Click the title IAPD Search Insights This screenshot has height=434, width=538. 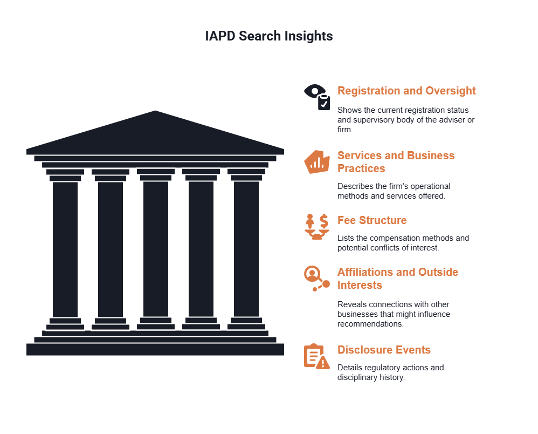click(x=269, y=36)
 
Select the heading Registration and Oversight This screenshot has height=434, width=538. click(x=406, y=91)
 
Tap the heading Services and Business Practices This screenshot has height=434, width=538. click(x=396, y=162)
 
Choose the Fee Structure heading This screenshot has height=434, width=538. click(x=372, y=220)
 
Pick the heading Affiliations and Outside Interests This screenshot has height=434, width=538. click(x=397, y=279)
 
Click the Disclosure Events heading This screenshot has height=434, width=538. click(x=384, y=350)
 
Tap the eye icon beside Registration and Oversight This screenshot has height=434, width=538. click(x=316, y=97)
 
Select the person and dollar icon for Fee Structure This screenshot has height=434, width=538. click(x=316, y=226)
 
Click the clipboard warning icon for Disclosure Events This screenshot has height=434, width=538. click(x=316, y=356)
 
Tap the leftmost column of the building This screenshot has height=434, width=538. click(x=65, y=248)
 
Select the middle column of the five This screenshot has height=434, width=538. click(x=156, y=248)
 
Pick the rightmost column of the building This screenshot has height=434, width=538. click(x=246, y=248)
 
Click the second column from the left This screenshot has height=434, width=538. click(x=111, y=248)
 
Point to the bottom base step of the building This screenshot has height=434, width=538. click(x=155, y=350)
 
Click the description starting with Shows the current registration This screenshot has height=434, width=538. click(x=405, y=119)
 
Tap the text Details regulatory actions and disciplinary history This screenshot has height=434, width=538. click(x=390, y=372)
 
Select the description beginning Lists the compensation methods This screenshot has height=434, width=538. click(x=403, y=243)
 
